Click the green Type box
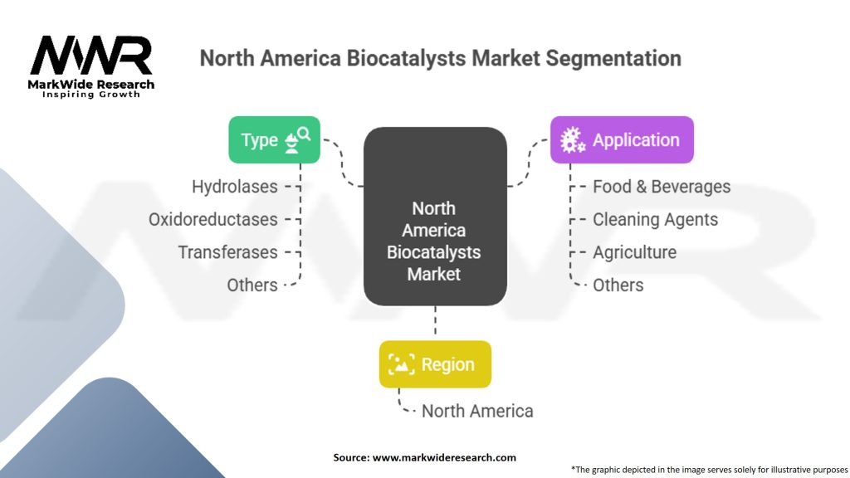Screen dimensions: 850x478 (275, 139)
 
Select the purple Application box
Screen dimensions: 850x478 (622, 139)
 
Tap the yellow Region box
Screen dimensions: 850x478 (435, 364)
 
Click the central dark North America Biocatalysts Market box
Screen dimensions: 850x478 (434, 216)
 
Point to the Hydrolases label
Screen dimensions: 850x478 (235, 187)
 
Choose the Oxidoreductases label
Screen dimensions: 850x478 (213, 219)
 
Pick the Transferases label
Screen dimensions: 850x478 (228, 252)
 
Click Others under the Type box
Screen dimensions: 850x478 (252, 285)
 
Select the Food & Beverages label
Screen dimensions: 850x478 (662, 187)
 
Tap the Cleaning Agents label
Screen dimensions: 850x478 (655, 220)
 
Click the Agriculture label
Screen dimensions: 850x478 (634, 252)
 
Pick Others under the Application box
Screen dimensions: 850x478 (618, 285)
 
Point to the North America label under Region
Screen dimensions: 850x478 (477, 411)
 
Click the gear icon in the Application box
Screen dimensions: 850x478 (572, 140)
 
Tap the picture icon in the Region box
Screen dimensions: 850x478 (402, 364)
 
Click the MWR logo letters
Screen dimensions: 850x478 (90, 56)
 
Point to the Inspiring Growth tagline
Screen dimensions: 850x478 (90, 95)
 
